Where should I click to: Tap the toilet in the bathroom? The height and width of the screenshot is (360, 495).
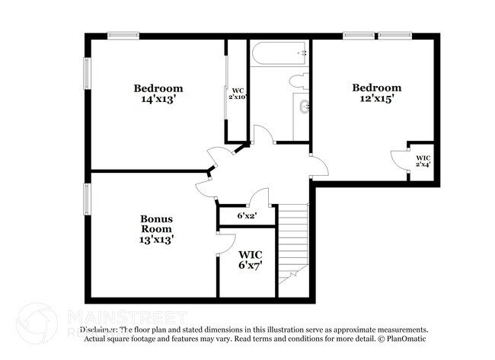298,81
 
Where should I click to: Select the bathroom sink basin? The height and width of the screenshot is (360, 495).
305,107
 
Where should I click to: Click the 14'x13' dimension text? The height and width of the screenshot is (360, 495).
158,99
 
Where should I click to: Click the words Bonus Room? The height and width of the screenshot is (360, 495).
156,224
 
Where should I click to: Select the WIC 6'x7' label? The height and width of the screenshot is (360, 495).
251,260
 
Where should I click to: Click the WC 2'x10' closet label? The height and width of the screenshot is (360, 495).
238,94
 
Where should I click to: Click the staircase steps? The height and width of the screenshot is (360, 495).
294,244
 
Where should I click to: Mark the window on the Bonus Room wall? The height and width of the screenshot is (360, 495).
87,199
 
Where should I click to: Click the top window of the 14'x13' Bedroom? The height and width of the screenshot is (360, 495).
123,35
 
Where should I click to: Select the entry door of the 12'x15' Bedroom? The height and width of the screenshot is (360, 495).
318,165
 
